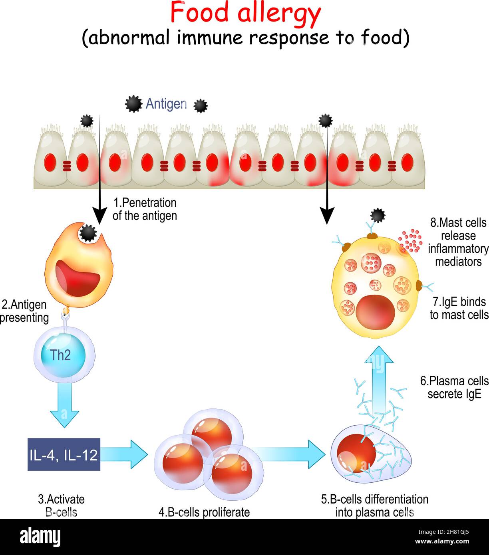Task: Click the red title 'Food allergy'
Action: (245, 13)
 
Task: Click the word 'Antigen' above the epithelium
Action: (166, 104)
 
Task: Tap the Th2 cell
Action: (61, 355)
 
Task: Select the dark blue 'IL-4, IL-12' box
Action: (64, 454)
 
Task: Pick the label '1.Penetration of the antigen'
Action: (145, 209)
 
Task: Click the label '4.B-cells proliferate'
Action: (204, 512)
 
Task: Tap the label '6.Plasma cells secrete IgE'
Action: (454, 387)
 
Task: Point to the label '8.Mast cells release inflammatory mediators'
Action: (458, 242)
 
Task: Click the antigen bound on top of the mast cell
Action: (378, 216)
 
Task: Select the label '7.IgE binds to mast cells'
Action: (459, 308)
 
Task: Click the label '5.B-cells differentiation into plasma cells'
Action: (374, 505)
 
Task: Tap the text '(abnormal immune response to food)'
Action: (245, 38)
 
